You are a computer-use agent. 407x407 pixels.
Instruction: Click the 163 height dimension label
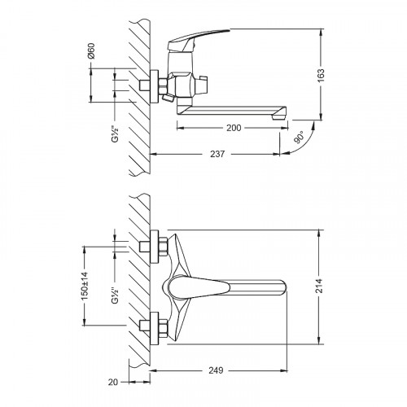click(321, 76)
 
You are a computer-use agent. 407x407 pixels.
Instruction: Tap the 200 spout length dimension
click(234, 128)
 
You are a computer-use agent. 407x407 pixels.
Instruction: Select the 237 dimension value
click(217, 154)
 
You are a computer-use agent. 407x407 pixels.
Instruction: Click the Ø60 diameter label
click(91, 50)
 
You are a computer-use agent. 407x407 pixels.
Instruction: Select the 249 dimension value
click(216, 370)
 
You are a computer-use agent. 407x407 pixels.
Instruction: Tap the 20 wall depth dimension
click(113, 382)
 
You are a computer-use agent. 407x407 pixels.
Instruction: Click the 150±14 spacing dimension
click(85, 286)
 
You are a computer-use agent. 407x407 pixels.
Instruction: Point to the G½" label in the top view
click(116, 134)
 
